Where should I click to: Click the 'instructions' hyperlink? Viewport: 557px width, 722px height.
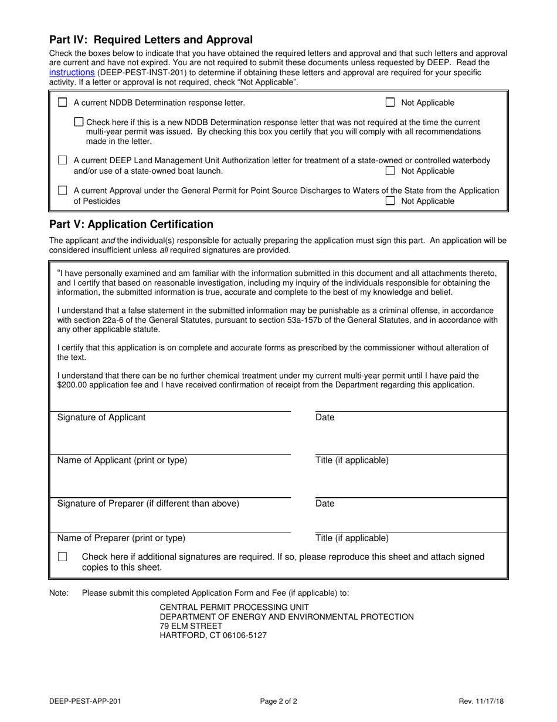click(72, 72)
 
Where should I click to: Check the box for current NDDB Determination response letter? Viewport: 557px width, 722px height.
click(63, 103)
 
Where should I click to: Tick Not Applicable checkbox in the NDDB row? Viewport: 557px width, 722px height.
click(390, 103)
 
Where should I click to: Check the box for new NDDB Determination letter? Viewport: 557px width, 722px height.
click(79, 122)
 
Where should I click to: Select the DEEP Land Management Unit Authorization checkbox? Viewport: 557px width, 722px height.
click(63, 160)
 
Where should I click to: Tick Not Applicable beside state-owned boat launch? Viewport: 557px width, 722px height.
click(390, 171)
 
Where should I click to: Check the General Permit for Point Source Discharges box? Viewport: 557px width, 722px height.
click(63, 191)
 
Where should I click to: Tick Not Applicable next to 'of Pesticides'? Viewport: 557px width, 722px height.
click(390, 201)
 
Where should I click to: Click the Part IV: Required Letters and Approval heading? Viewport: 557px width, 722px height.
click(151, 40)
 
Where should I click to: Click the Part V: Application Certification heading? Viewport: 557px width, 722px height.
click(131, 224)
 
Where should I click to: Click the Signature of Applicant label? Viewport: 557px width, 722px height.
click(101, 417)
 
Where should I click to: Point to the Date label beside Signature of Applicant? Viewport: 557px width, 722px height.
click(325, 417)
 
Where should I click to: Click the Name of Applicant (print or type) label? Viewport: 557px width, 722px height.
click(122, 460)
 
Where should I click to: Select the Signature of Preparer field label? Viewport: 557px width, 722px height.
click(148, 504)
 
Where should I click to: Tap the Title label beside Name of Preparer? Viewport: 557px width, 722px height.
click(352, 538)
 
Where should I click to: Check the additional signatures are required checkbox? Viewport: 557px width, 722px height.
click(63, 557)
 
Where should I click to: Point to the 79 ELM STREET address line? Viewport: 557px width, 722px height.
click(191, 626)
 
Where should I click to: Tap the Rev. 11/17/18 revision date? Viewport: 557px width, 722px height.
click(483, 701)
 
